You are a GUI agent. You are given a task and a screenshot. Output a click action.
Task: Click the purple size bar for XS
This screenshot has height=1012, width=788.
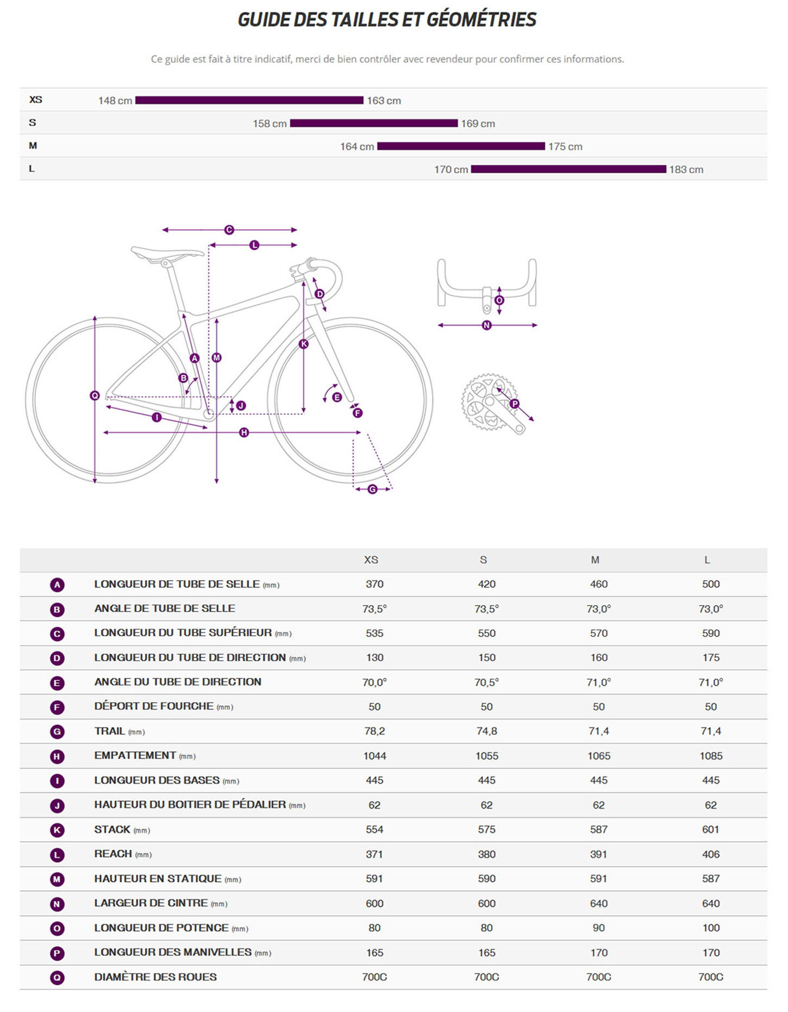[x=249, y=100]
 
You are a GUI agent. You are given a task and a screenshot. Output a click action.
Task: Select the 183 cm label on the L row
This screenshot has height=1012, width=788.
[x=686, y=170]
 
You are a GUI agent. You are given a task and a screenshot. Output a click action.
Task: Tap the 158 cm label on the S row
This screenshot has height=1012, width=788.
[x=270, y=123]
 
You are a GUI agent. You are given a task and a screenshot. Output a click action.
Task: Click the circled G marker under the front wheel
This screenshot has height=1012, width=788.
[x=372, y=489]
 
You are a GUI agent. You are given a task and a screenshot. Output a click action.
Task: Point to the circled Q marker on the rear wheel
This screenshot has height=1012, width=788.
[x=95, y=395]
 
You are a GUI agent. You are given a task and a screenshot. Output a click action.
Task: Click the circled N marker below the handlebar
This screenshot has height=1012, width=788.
[x=487, y=325]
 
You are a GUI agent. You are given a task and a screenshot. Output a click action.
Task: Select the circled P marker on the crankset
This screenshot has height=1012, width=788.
[x=515, y=403]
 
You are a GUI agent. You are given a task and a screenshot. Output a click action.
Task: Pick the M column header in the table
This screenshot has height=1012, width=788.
[x=595, y=560]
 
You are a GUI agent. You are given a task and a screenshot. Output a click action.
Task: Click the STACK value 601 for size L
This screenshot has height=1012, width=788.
[x=710, y=829]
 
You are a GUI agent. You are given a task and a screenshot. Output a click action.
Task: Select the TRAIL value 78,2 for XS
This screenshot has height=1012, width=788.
[x=374, y=731]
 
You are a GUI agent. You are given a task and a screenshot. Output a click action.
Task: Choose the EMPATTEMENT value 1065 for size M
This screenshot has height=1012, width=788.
[x=598, y=756]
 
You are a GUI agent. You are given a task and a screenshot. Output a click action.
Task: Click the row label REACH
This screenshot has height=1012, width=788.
[x=113, y=854]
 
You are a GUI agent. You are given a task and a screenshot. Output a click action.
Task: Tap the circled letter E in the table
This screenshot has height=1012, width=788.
[x=57, y=683]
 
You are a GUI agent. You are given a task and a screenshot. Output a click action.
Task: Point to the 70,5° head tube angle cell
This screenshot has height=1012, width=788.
[x=486, y=682]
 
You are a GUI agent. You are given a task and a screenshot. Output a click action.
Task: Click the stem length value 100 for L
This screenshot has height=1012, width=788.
[x=710, y=928]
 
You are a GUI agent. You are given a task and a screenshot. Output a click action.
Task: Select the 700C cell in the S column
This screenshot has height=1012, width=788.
[x=486, y=977]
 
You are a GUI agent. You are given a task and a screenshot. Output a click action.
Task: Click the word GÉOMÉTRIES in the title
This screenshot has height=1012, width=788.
[x=481, y=20]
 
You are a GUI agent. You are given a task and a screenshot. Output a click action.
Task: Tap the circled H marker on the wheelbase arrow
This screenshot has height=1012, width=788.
[x=244, y=432]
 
